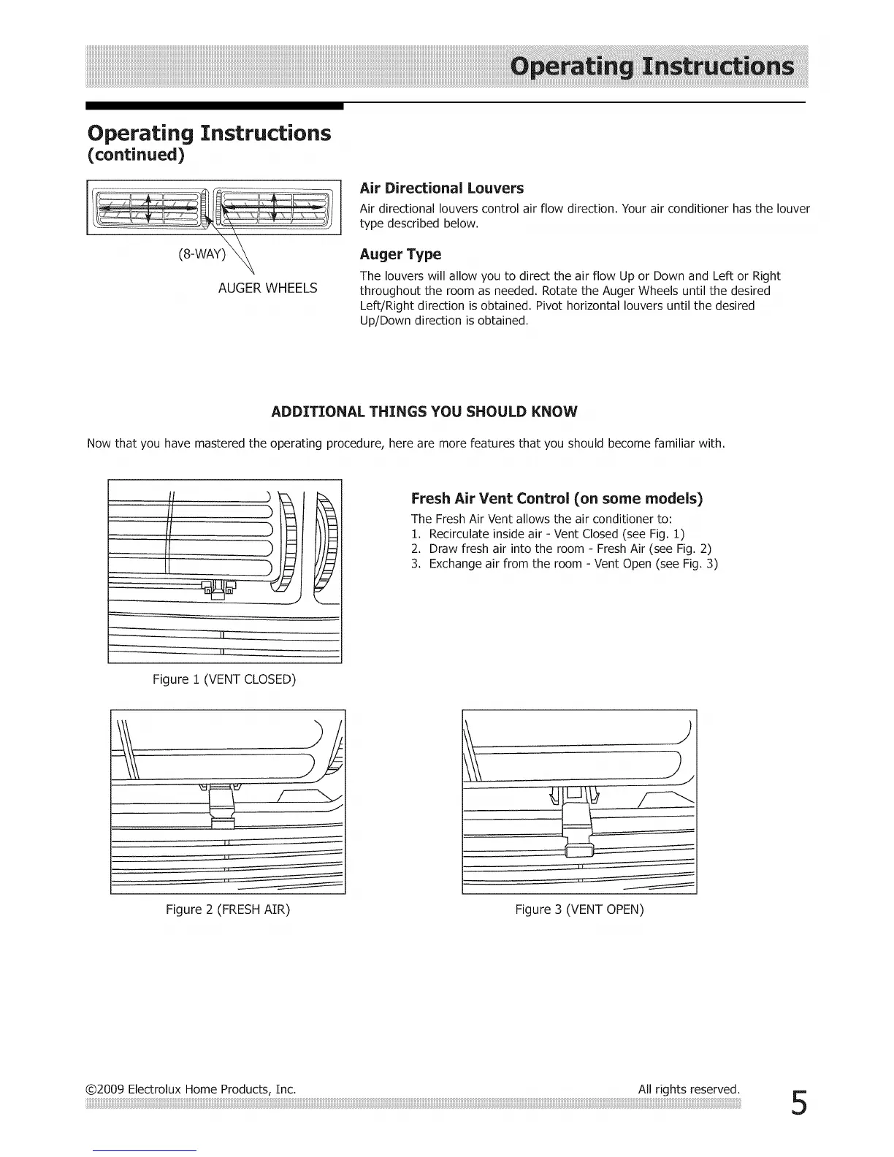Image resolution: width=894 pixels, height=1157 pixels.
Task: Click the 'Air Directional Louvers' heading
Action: point(442,188)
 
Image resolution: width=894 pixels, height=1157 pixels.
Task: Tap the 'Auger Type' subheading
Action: point(400,254)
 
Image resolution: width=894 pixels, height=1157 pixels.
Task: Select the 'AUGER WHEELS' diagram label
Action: point(267,288)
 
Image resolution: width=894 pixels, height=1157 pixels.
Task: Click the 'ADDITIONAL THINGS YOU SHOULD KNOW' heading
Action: point(424,411)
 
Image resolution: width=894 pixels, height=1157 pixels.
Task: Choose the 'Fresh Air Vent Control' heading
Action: point(557,499)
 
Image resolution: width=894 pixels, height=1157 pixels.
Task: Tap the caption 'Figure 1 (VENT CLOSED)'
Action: point(224,679)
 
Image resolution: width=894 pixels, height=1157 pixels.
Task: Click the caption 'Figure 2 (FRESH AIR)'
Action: point(228,909)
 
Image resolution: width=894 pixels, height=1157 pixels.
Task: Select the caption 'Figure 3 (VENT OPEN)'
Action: point(579,909)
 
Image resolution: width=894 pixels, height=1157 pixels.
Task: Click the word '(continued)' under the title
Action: point(136,156)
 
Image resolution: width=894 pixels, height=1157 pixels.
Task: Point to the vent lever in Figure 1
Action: point(218,589)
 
